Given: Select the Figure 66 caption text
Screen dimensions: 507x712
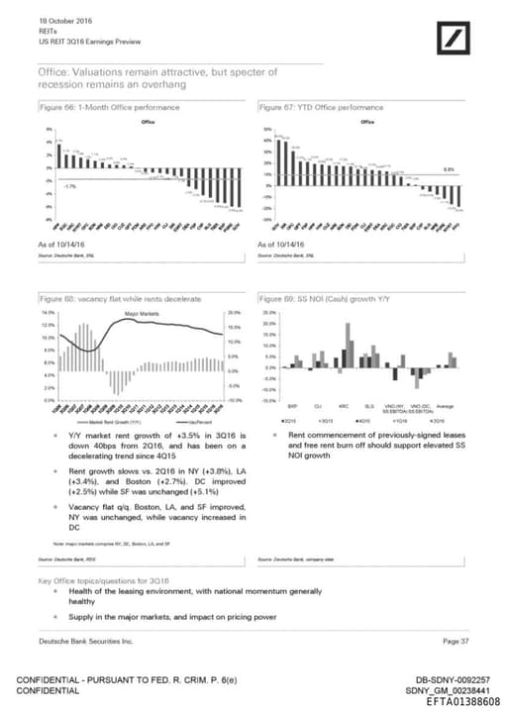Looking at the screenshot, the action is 99,105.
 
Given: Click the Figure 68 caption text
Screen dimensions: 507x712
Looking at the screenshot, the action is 119,297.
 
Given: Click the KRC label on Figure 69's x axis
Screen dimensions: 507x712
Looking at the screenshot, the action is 342,405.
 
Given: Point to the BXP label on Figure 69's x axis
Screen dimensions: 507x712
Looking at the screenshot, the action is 293,405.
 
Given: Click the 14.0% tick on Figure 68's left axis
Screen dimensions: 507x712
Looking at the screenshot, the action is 48,312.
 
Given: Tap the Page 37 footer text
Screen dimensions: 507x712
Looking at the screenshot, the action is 456,642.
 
